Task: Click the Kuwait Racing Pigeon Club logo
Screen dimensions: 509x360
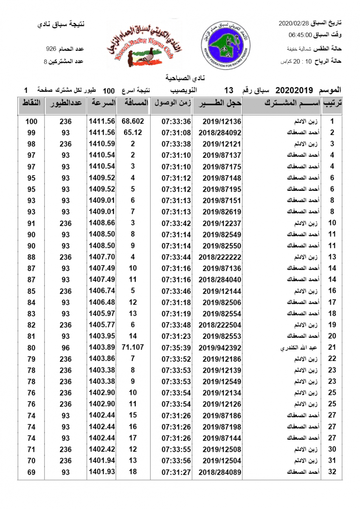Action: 143,44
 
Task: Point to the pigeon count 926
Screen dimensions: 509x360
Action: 51,49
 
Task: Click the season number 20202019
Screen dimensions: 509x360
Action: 294,90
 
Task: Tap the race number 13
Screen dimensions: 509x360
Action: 229,90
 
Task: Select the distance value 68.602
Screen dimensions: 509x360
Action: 133,121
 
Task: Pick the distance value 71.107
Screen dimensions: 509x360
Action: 133,347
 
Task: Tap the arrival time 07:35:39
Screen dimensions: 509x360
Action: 176,348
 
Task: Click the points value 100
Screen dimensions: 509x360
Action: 31,122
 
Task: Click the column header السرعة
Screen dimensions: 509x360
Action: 102,103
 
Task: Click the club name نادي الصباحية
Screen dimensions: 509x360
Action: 180,78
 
